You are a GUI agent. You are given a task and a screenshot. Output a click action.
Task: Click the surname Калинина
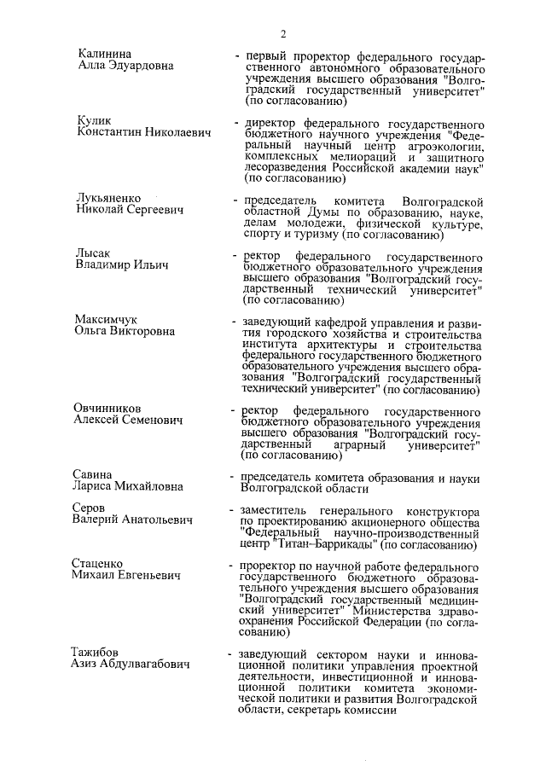point(103,54)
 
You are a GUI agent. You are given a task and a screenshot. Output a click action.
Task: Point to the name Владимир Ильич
point(121,264)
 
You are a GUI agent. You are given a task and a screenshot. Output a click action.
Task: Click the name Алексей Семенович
point(127,420)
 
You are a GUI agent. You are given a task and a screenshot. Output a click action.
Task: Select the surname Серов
point(89,507)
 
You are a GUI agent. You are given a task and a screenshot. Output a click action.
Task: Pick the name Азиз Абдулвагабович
point(131,664)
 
